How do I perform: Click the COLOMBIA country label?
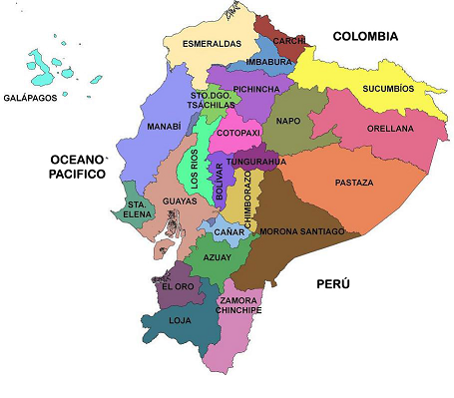pos(365,36)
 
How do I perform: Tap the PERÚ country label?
pos(334,284)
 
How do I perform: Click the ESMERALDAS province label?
pos(212,44)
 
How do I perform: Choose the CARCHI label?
pos(290,41)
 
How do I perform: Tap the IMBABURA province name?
pos(269,62)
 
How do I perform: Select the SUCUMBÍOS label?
pos(388,88)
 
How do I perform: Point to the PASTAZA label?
pos(354,183)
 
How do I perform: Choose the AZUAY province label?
pos(216,256)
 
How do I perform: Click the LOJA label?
pos(180,321)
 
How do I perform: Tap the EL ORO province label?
pos(178,287)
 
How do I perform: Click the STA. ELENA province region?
pos(136,208)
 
